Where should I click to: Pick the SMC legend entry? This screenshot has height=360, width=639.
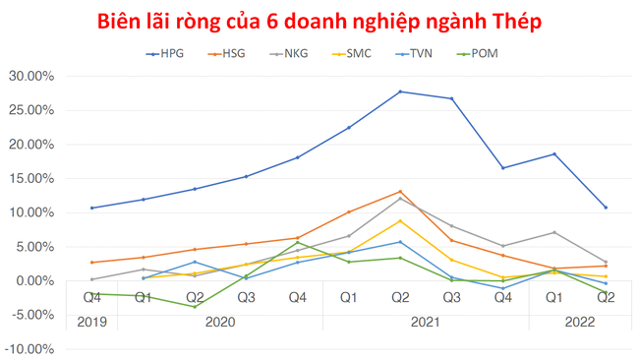point(359,53)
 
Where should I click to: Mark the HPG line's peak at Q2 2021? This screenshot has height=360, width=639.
point(400,91)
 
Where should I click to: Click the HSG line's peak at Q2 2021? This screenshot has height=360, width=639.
point(400,192)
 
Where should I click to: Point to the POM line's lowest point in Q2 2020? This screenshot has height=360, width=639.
point(195,307)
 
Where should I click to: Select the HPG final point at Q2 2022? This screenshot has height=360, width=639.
point(606,208)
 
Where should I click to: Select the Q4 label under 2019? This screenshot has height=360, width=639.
point(91,297)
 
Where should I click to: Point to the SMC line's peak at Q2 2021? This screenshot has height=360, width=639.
point(400,220)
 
